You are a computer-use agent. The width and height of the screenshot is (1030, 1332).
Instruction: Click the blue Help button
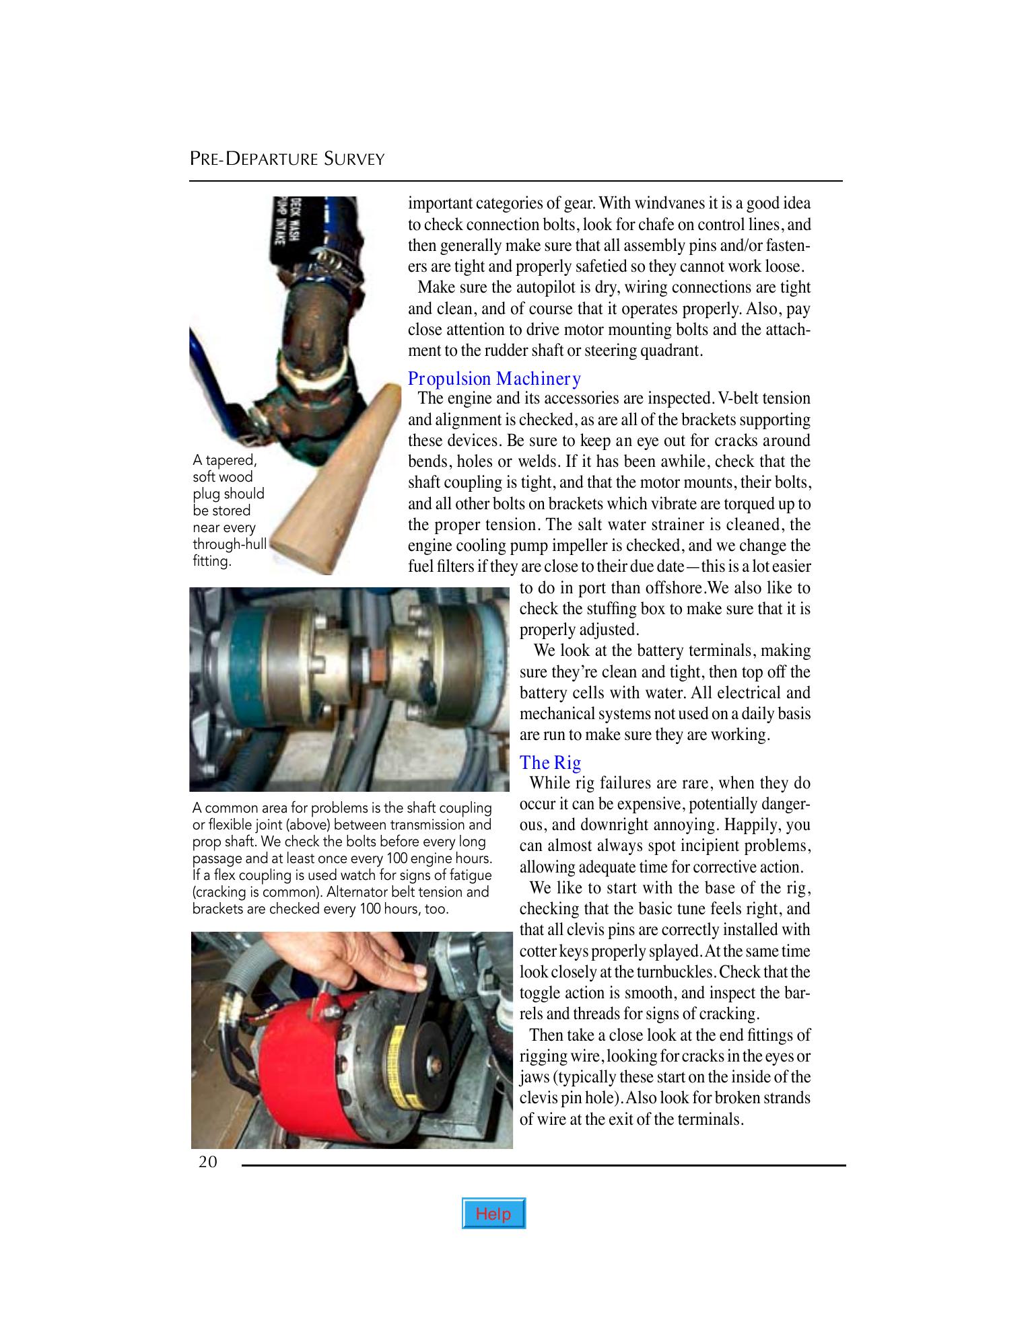tap(493, 1214)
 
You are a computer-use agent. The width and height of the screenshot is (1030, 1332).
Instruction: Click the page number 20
tap(207, 1162)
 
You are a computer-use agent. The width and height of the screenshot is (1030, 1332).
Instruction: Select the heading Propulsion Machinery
tap(494, 379)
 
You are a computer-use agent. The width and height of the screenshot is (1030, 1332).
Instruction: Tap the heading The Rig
tap(550, 762)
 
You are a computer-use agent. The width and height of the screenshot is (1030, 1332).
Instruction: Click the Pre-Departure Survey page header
tap(287, 159)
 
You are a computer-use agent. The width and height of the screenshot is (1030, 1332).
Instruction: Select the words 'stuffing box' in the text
tap(623, 609)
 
